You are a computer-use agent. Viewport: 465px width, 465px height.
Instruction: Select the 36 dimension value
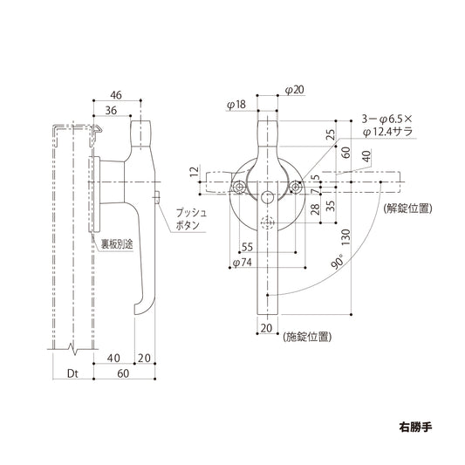click(112, 110)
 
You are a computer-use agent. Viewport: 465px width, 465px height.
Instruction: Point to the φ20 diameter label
click(293, 91)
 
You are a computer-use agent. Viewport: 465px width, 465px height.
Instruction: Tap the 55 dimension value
click(247, 248)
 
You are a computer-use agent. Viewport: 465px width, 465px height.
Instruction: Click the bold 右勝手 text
click(415, 428)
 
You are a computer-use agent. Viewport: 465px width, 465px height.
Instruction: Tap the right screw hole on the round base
click(297, 187)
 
